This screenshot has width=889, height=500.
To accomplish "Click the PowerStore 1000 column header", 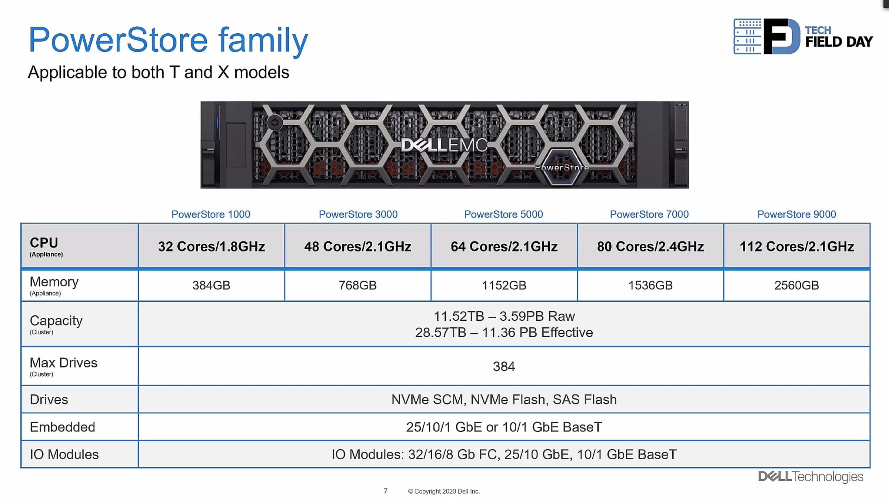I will tap(211, 214).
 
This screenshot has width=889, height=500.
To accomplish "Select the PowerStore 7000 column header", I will tap(649, 214).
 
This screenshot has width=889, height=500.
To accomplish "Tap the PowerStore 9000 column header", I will tap(796, 214).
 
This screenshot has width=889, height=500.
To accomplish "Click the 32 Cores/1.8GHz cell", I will tap(212, 247).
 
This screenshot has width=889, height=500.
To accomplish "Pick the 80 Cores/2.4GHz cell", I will tap(650, 247).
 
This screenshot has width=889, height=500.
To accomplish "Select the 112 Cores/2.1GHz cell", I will tap(797, 247).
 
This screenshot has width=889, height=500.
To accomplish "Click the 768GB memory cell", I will tap(357, 286).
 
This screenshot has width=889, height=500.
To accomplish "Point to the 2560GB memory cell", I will tap(796, 286).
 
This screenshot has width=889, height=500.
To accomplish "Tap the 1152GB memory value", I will tap(504, 286).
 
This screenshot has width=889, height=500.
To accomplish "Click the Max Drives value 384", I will tap(504, 367).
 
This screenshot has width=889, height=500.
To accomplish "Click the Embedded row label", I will tap(62, 427).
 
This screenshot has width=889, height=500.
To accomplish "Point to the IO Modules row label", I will tap(64, 455).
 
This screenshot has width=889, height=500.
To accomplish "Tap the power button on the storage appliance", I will tap(275, 122).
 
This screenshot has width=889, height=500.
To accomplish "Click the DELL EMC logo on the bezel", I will tap(444, 145).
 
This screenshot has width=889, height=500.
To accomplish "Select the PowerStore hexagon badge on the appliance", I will tap(562, 167).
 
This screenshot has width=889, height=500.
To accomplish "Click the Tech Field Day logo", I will tap(803, 37).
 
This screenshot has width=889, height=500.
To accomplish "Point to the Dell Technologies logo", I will tap(810, 477).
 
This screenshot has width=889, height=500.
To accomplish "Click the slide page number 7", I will tap(386, 491).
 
